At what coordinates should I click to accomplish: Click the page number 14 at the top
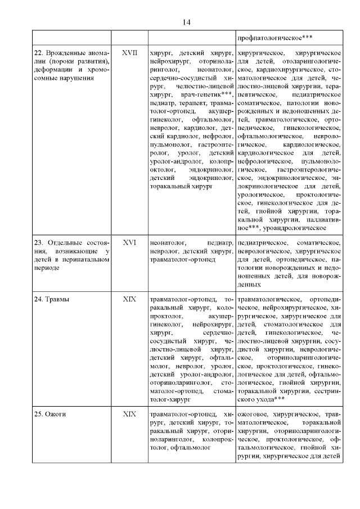[187, 22]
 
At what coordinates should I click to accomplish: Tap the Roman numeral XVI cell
[129, 242]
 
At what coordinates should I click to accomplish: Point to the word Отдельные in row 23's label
[69, 242]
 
